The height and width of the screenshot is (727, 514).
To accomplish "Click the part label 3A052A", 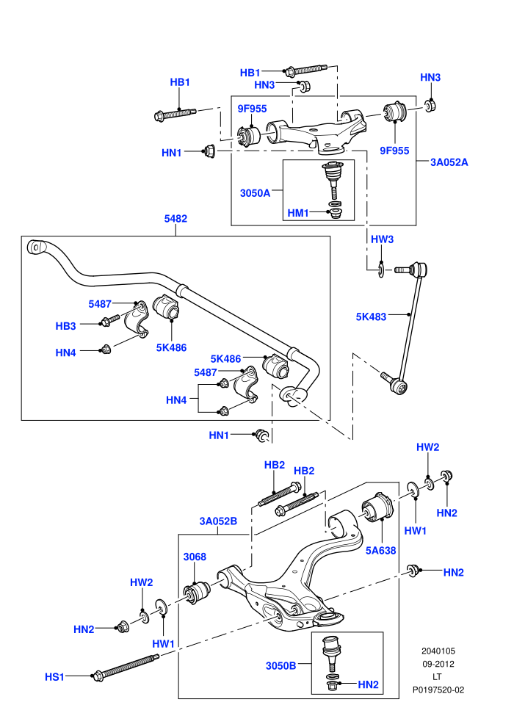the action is pyautogui.click(x=449, y=162).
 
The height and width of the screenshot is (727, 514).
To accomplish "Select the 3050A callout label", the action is pyautogui.click(x=255, y=193).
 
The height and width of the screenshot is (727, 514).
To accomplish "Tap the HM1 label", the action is pyautogui.click(x=298, y=213).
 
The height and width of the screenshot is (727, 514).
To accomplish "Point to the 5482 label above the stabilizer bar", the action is pyautogui.click(x=175, y=218).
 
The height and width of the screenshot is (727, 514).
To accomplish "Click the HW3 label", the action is pyautogui.click(x=382, y=239).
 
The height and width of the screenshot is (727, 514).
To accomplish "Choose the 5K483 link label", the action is pyautogui.click(x=371, y=317).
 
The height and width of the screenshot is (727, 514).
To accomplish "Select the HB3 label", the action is pyautogui.click(x=65, y=326).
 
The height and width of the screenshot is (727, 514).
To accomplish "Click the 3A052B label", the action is pyautogui.click(x=218, y=521).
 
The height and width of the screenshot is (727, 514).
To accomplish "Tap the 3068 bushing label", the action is pyautogui.click(x=195, y=557).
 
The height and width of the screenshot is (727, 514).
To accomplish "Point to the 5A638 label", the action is pyautogui.click(x=381, y=550).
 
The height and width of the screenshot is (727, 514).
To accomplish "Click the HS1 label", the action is pyautogui.click(x=54, y=677).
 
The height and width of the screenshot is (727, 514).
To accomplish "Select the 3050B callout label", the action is pyautogui.click(x=281, y=666).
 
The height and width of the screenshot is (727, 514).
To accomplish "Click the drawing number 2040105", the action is pyautogui.click(x=438, y=651).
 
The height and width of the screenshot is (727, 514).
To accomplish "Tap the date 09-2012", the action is pyautogui.click(x=438, y=664).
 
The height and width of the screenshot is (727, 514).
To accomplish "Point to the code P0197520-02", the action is pyautogui.click(x=438, y=690).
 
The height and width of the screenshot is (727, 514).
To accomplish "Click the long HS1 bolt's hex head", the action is pyautogui.click(x=98, y=676).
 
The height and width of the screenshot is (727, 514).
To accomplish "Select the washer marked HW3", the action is pyautogui.click(x=381, y=270).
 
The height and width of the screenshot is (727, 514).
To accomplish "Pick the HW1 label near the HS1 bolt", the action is pyautogui.click(x=163, y=643).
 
